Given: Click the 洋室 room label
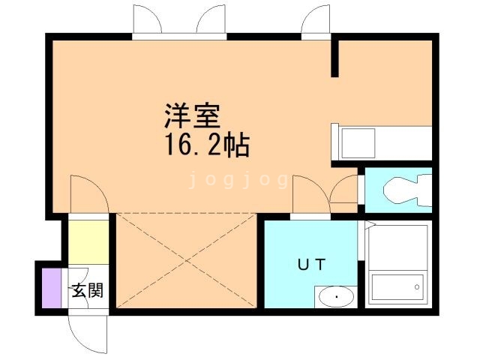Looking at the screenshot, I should [192, 118].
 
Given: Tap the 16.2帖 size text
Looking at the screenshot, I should [202, 144].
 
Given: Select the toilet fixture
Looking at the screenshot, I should [405, 192].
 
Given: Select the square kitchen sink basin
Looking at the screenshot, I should [357, 142].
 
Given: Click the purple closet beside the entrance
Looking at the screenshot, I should [49, 286].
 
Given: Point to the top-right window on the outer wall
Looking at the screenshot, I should [316, 22].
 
